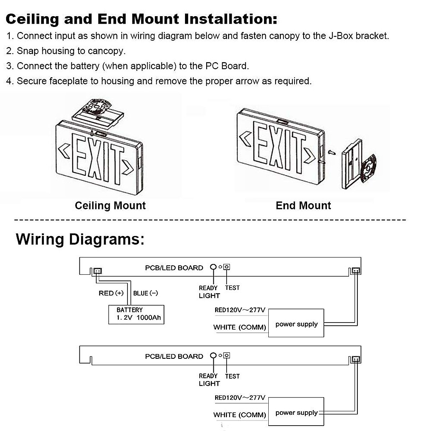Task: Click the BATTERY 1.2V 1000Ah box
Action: pyautogui.click(x=136, y=314)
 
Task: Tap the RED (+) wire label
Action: pyautogui.click(x=111, y=293)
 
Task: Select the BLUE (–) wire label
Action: pyautogui.click(x=145, y=293)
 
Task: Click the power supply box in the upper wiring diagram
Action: pyautogui.click(x=296, y=323)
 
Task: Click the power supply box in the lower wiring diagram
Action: pyautogui.click(x=296, y=412)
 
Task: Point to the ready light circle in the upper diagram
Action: pyautogui.click(x=213, y=267)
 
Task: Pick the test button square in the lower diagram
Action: pyautogui.click(x=227, y=356)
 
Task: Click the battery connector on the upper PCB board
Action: pyautogui.click(x=97, y=271)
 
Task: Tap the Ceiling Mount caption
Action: pyautogui.click(x=110, y=205)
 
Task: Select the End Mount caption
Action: pyautogui.click(x=303, y=205)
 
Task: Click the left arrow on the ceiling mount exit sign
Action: pyautogui.click(x=65, y=151)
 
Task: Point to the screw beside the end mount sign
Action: pyautogui.click(x=332, y=153)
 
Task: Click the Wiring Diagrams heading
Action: pyautogui.click(x=80, y=239)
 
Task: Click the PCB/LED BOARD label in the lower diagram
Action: pyautogui.click(x=174, y=356)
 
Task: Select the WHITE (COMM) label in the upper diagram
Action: pyautogui.click(x=240, y=327)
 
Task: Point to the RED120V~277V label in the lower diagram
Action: pyautogui.click(x=240, y=398)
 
